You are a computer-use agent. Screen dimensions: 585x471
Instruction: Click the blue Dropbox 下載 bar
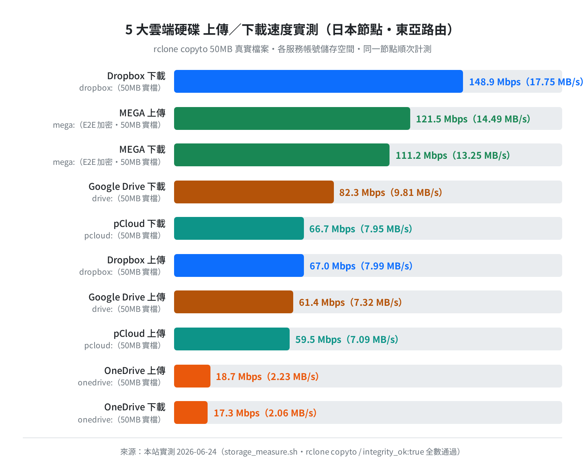(318, 81)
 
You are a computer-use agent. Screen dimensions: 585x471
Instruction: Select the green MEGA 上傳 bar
(292, 118)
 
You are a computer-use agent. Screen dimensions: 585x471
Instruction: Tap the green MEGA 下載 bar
(282, 155)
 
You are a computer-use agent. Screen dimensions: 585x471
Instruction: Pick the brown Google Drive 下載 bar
(254, 192)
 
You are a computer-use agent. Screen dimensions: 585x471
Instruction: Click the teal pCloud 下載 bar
(239, 228)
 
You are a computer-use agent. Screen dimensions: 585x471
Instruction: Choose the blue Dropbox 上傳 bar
(239, 265)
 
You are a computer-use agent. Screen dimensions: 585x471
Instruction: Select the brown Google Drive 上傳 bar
(234, 302)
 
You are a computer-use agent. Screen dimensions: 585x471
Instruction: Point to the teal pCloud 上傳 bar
(232, 339)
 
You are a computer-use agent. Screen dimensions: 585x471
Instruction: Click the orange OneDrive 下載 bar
(191, 412)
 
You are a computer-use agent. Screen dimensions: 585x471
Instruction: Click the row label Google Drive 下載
(127, 187)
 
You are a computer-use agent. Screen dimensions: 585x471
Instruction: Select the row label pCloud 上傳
(139, 333)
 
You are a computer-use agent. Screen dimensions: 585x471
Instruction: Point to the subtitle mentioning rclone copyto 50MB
(292, 49)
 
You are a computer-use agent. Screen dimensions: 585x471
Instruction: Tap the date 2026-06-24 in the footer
(197, 452)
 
